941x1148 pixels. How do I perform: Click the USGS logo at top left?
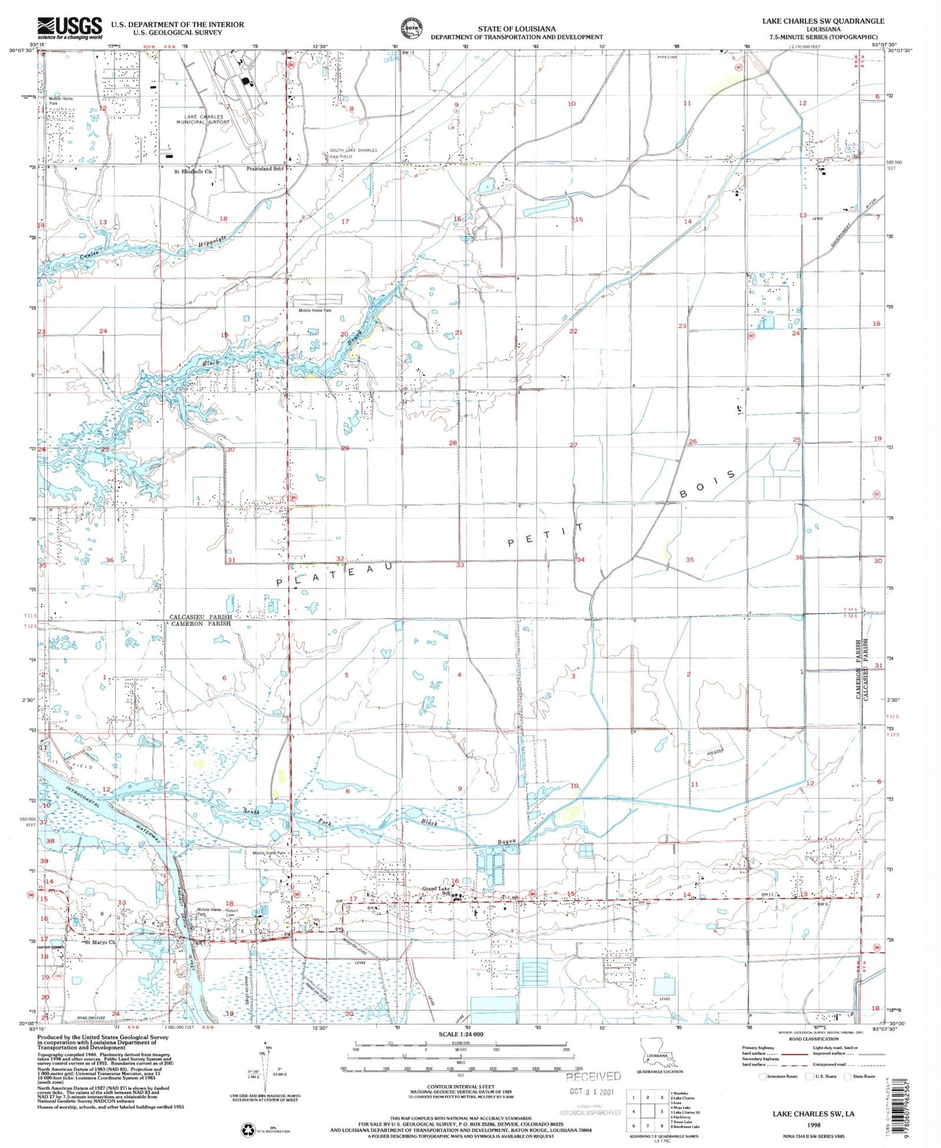(70, 28)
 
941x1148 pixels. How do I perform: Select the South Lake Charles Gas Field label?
(352, 153)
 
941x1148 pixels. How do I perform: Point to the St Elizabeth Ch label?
(193, 172)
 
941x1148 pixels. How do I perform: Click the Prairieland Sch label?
(265, 169)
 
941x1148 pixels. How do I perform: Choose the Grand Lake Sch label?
(437, 890)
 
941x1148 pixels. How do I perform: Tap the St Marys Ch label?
(100, 942)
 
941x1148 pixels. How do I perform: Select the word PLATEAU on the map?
(335, 574)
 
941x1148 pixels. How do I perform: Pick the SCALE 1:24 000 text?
(460, 1034)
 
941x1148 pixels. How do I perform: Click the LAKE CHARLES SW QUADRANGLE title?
(823, 21)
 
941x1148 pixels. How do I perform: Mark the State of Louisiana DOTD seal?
(410, 29)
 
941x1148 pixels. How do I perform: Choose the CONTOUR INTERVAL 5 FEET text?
(460, 1087)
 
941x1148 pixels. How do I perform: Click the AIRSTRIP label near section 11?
(715, 752)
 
